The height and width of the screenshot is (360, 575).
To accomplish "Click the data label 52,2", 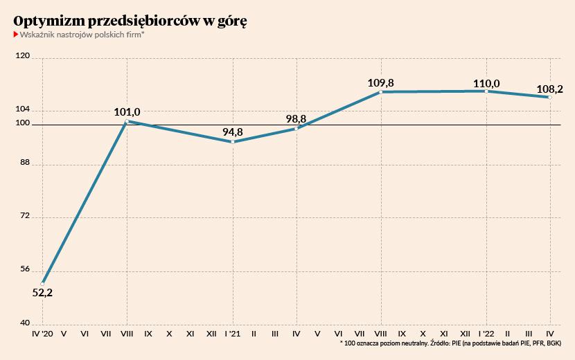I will point(43,293).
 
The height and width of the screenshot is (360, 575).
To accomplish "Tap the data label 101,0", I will point(127,111).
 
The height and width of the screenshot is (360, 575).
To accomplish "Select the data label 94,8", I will point(233,132).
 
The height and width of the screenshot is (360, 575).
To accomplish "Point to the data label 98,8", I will point(297,118).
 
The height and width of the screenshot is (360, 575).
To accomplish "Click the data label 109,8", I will point(381,83).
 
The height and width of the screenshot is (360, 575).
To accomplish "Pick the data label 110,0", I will point(486,83).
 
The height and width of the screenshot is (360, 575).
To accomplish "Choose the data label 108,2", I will point(550,89).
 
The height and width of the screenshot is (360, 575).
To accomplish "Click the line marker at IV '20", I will point(43,283).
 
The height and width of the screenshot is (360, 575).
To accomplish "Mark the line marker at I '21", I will point(233,142).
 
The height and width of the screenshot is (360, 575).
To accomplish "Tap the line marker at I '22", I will point(487,91).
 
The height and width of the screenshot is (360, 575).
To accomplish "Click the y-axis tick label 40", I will point(24,323).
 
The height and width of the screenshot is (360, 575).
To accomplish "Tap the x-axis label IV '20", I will point(42,334).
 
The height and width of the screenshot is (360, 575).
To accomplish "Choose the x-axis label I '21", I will point(233,334).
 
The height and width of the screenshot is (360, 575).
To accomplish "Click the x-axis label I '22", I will point(486,334).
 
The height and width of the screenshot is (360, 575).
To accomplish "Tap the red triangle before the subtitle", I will point(16,34).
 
